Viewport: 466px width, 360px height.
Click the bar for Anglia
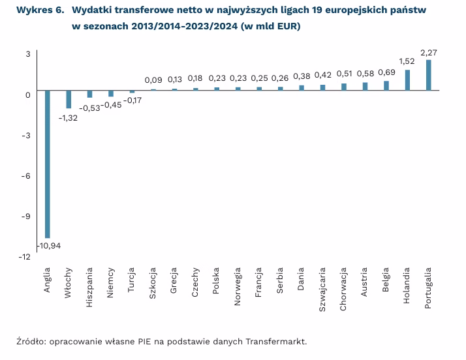47,164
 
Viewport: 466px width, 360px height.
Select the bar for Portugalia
429,75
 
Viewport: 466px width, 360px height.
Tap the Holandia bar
408,80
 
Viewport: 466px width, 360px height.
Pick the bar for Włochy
69,99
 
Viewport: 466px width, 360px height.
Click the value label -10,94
50,246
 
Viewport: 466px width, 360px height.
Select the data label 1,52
408,62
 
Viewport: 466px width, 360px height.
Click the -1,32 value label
69,117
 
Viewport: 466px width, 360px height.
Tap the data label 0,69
387,72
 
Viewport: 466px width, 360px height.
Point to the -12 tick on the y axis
25,257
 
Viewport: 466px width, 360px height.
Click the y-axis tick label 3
28,53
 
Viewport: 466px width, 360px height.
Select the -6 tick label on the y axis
27,175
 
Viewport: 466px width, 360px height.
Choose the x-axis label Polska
217,281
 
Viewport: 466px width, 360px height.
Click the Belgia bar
386,85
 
